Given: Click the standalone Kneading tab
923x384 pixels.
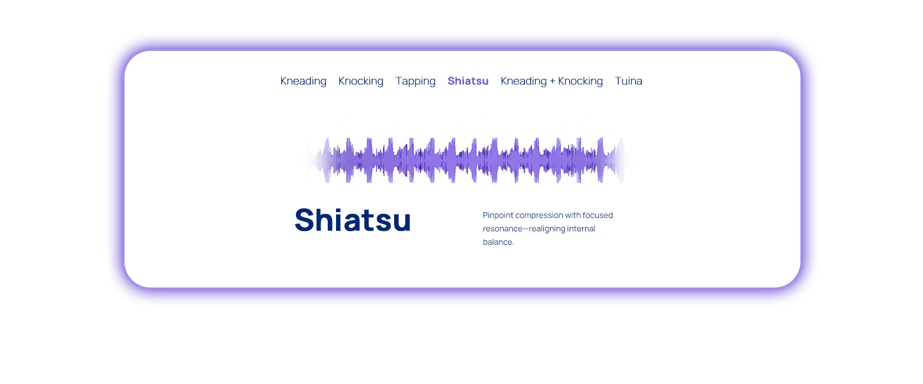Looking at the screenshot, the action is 303,81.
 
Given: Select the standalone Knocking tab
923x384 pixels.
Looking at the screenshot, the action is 361,81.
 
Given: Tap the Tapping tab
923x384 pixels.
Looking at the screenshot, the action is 415,81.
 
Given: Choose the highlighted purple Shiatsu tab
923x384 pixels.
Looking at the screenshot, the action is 468,81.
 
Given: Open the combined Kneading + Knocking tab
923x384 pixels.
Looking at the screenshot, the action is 552,81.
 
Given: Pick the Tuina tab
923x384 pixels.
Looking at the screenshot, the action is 628,81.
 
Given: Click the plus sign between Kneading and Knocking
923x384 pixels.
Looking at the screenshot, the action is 552,82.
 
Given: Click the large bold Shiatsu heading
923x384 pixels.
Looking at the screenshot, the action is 353,220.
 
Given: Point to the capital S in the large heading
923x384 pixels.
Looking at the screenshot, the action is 305,220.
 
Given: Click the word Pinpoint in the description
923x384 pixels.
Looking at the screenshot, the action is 498,216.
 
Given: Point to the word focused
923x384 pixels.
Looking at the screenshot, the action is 598,215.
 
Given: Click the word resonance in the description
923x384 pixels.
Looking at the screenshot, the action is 503,229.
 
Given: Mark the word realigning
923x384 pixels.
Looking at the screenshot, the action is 547,229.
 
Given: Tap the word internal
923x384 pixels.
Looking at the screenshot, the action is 581,228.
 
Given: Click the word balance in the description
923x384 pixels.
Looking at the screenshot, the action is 498,242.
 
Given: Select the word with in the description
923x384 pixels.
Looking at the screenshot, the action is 573,215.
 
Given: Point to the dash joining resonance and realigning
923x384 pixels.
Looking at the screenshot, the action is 526,229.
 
